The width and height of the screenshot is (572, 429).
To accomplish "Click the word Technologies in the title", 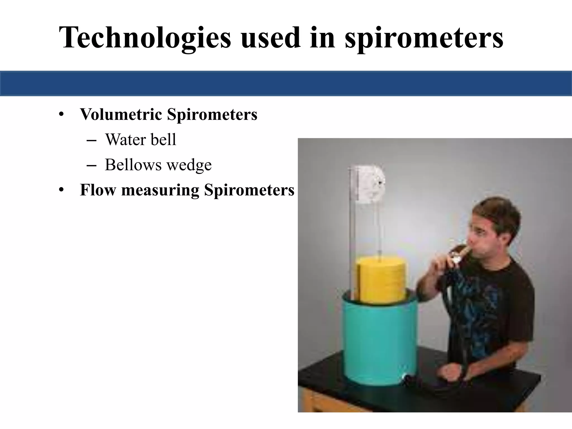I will coord(145,37).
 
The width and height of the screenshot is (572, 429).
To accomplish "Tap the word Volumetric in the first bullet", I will coord(121,114).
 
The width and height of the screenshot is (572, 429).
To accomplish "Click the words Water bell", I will coord(140,139).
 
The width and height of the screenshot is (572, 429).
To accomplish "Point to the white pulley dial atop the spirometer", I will coord(367,184).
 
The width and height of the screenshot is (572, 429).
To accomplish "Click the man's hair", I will coord(500,215).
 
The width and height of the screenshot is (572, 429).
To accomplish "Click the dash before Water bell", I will coord(92,140).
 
